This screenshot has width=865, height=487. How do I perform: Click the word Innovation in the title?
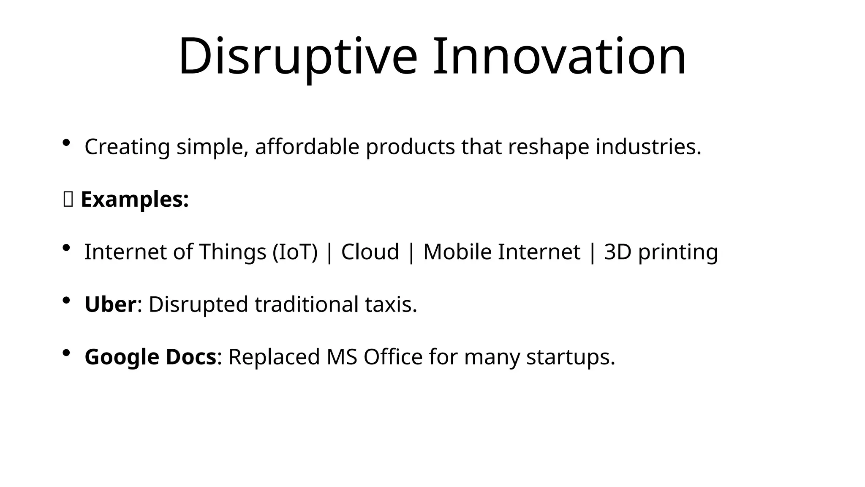click(559, 57)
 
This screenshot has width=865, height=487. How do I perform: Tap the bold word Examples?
click(135, 199)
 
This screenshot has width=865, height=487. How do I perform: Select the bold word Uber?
click(110, 304)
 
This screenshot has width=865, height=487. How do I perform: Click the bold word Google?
click(122, 357)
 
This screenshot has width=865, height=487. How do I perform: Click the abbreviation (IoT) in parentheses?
click(295, 252)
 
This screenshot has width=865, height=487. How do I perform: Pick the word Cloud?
click(370, 252)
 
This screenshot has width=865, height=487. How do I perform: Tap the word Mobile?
click(457, 252)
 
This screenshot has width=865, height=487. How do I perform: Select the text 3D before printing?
click(617, 252)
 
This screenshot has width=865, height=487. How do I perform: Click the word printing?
click(678, 253)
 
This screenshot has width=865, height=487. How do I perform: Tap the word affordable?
click(307, 147)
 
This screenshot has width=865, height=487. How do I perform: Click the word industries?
click(648, 147)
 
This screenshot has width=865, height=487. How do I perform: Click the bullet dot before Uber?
click(66, 301)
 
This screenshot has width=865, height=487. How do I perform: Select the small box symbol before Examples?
click(68, 200)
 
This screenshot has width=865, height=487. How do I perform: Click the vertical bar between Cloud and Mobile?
click(411, 253)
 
